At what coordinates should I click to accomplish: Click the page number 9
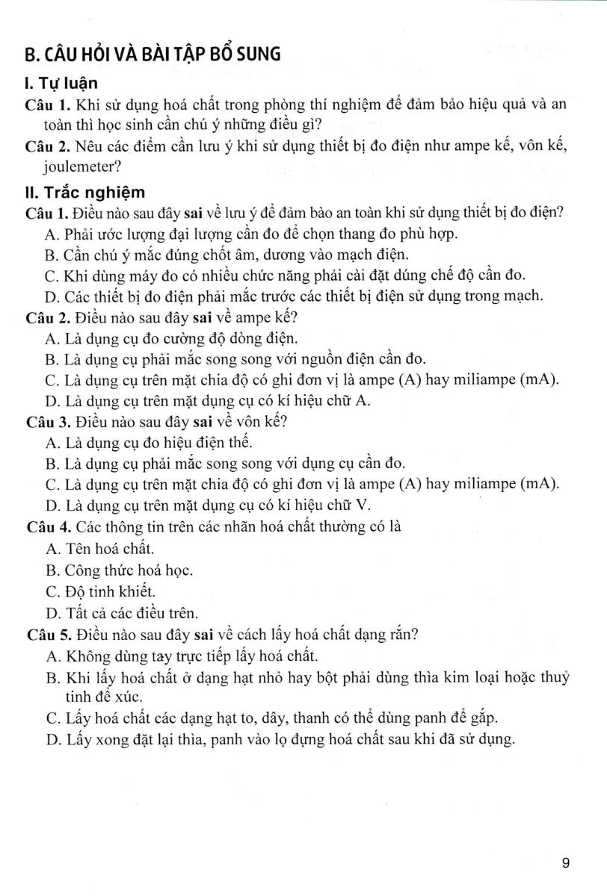(x=565, y=864)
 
